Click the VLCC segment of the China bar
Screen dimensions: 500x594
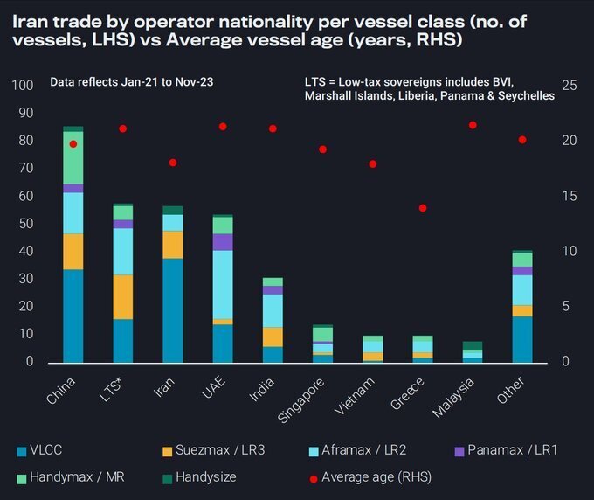point(73,316)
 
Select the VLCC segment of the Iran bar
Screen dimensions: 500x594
point(173,310)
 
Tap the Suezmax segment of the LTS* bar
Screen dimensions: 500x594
point(123,297)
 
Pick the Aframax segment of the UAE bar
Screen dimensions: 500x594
point(223,285)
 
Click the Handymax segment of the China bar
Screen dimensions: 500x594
point(73,157)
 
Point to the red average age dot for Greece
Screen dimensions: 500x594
point(423,208)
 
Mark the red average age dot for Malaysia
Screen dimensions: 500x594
point(473,125)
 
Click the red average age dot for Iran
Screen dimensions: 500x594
point(173,163)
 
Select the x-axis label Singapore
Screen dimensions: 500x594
point(306,397)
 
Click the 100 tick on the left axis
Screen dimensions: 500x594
point(23,86)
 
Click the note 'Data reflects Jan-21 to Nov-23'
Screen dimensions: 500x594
point(132,81)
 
